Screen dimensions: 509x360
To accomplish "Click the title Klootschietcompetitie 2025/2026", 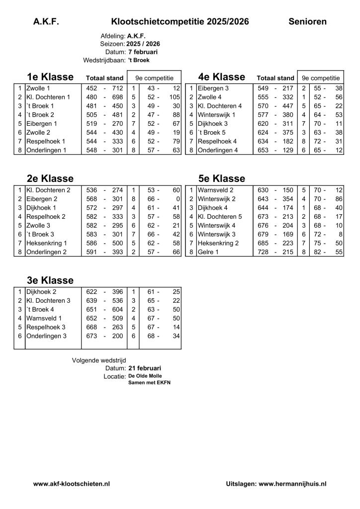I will point(180,21).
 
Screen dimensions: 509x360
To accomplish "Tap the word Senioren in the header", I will point(307,21).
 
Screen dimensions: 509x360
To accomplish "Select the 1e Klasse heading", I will point(50,77).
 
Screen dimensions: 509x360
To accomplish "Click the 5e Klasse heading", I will point(221,178).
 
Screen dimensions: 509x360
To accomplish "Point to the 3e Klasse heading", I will point(50,280).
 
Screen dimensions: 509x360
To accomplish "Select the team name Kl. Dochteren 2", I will point(48,190).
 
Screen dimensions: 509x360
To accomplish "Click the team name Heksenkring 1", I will point(46,244).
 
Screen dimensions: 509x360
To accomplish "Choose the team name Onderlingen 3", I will point(46,336).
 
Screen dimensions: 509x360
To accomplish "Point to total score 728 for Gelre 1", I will point(263,253).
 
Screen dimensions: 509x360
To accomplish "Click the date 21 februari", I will point(144,368).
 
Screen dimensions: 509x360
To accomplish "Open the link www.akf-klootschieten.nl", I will point(72,483).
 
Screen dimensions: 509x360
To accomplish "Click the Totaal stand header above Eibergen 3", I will point(275,78).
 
